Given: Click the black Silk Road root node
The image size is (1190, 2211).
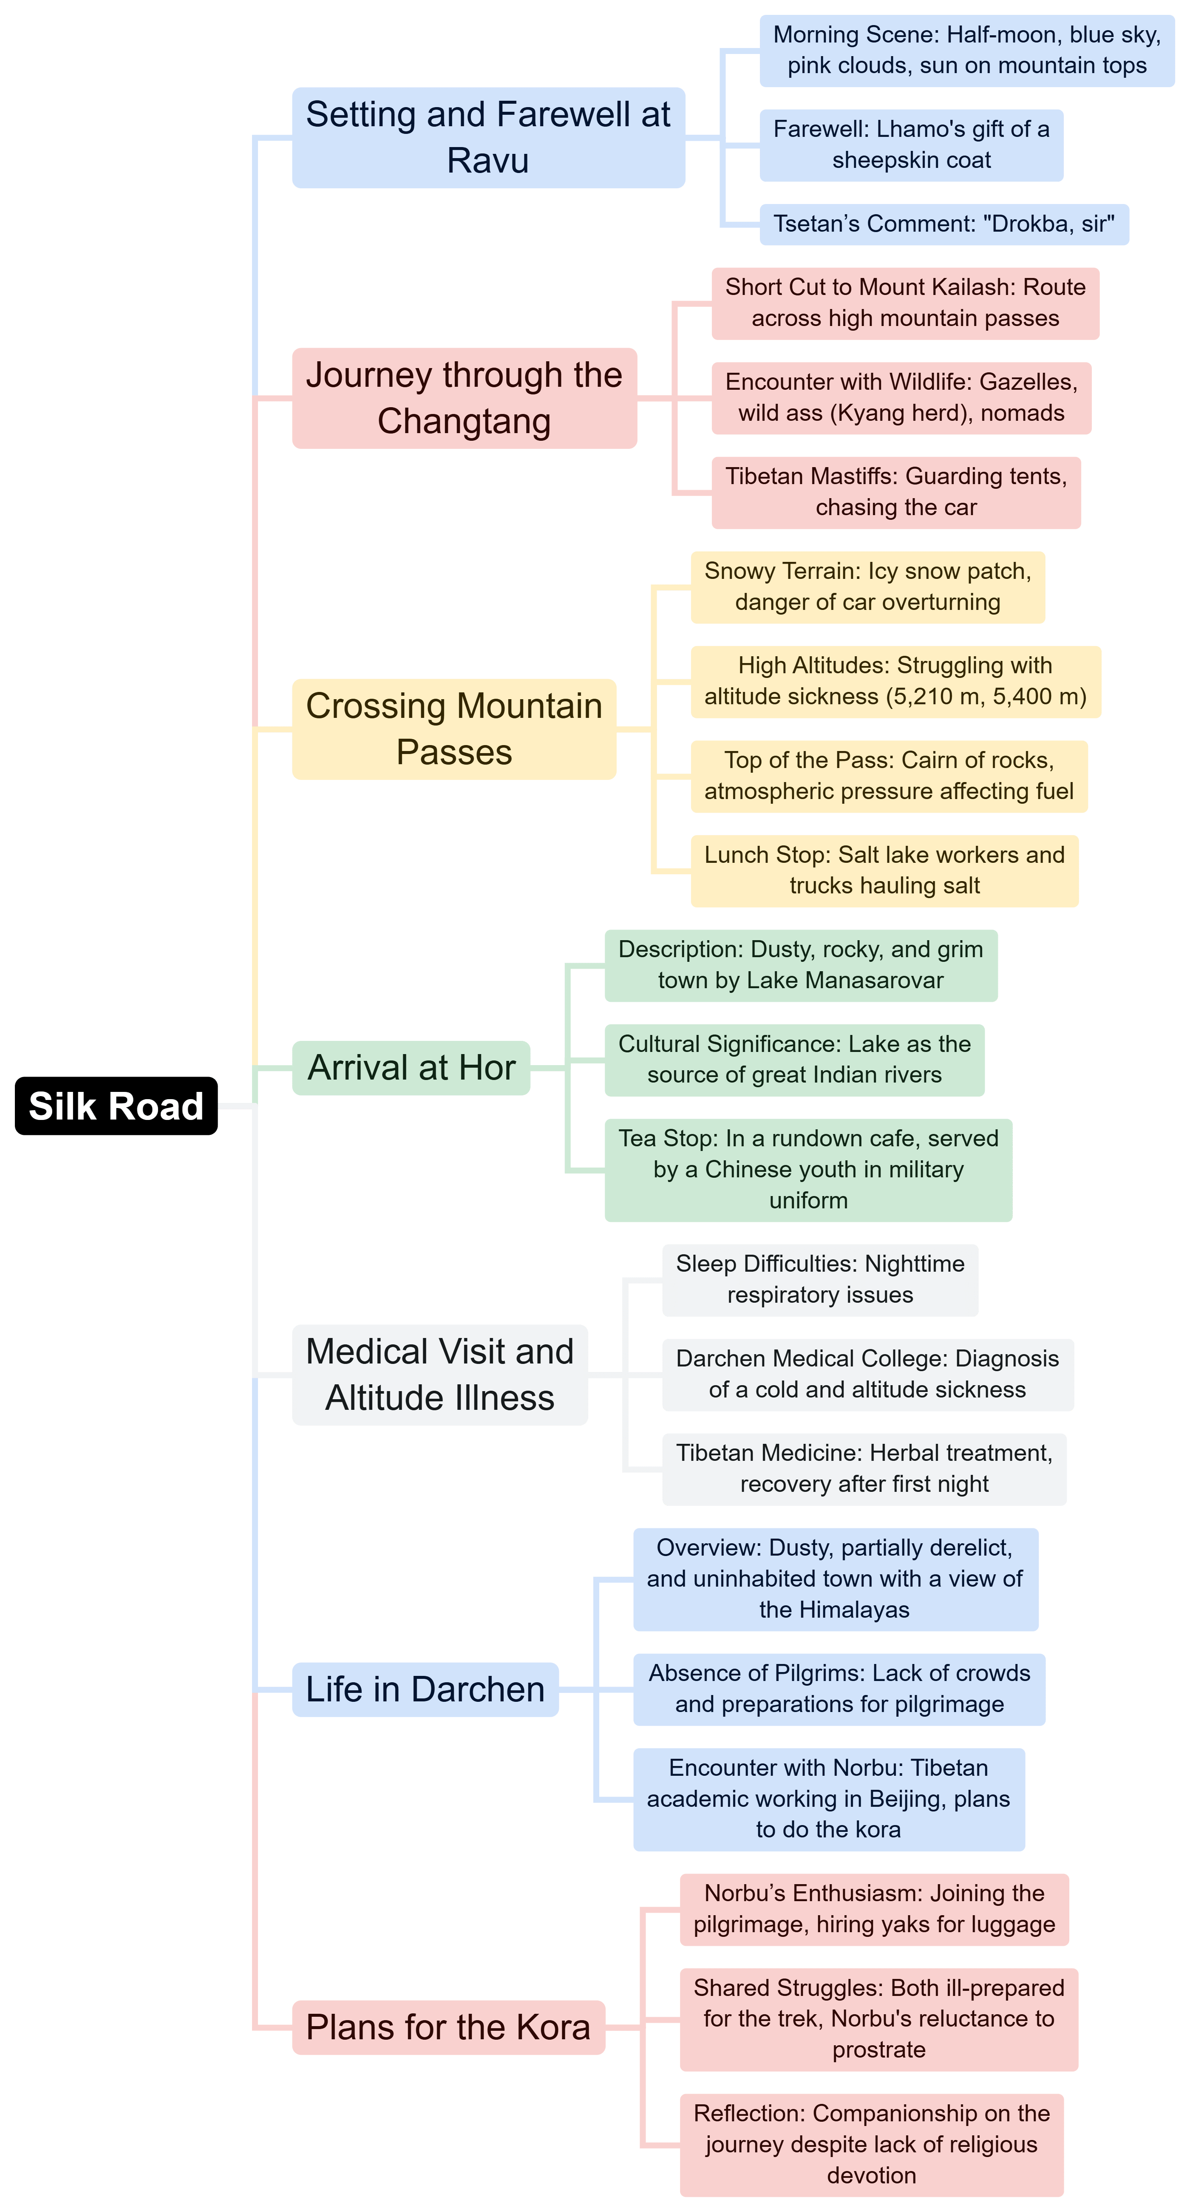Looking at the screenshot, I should tap(116, 1105).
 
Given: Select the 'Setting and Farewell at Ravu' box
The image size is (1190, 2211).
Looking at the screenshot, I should tap(488, 137).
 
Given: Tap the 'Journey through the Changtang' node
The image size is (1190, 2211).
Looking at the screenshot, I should tap(464, 398).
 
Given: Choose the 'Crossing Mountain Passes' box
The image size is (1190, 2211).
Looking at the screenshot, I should tap(454, 728).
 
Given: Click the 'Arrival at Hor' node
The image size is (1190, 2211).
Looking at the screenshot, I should tap(411, 1068).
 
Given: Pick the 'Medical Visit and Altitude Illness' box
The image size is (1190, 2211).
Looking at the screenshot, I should tap(439, 1375).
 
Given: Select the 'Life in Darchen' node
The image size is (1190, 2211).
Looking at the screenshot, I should tap(425, 1689).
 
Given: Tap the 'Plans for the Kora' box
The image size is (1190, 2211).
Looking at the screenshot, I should tap(448, 2027).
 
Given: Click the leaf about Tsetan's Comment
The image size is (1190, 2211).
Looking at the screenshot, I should tap(944, 224).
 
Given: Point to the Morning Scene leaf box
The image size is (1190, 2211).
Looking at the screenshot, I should tap(967, 50).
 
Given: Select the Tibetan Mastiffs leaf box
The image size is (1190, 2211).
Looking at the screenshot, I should tap(896, 492).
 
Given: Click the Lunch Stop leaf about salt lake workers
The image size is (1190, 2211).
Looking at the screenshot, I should tap(884, 870).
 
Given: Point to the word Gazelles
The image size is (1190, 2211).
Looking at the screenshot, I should tap(1028, 382).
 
